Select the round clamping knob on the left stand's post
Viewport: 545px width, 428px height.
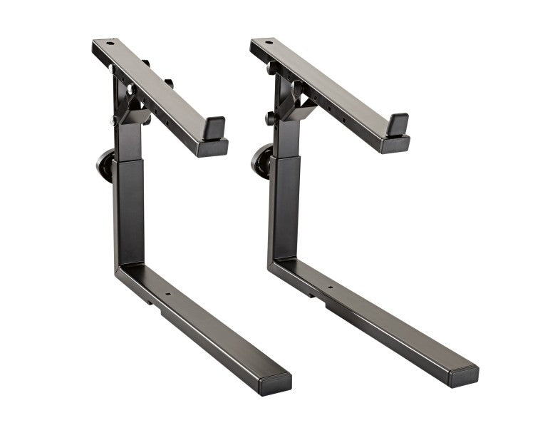tap(105, 165)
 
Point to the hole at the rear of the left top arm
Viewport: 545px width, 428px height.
tap(110, 44)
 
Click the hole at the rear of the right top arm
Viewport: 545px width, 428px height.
tap(269, 43)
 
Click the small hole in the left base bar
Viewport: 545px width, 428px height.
tap(169, 292)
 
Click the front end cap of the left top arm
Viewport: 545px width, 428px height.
tap(212, 148)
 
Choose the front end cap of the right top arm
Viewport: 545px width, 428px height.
tap(395, 144)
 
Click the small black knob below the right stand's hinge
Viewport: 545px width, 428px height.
tap(271, 118)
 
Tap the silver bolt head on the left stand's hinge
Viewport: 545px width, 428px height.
tap(130, 90)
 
